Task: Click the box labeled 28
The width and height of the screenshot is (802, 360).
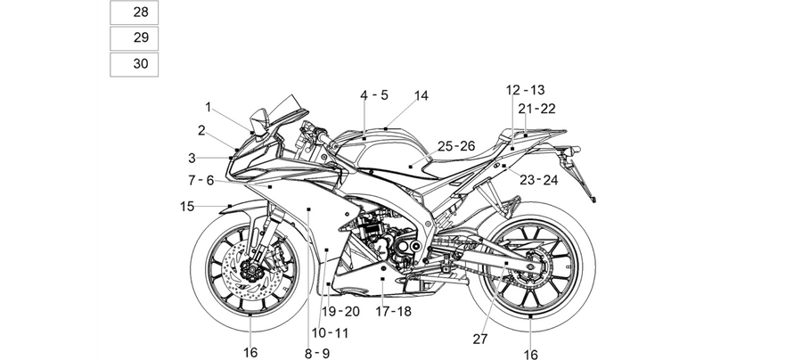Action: [134, 12]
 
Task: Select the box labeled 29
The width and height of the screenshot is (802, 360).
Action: [134, 38]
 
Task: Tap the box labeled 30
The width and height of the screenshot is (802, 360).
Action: [134, 64]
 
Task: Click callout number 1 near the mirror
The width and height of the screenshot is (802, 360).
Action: [209, 107]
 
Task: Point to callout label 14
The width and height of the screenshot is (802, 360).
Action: [421, 95]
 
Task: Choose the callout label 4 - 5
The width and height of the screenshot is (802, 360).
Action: [374, 95]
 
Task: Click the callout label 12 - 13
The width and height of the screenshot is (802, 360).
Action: [525, 91]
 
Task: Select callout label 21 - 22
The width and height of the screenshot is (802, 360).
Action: [536, 109]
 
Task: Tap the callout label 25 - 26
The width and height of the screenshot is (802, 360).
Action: [456, 146]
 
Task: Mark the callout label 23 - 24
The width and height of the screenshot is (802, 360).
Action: [538, 180]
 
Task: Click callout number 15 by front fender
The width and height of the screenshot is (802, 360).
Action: [187, 207]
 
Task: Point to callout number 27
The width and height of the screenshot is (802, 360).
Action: [479, 339]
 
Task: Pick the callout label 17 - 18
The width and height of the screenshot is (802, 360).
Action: [393, 311]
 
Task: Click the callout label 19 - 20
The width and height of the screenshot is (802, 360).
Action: [340, 311]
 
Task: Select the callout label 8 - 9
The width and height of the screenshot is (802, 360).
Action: [317, 353]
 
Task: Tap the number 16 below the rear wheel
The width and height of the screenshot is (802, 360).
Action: [531, 354]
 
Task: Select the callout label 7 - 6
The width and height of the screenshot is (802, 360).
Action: [201, 181]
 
